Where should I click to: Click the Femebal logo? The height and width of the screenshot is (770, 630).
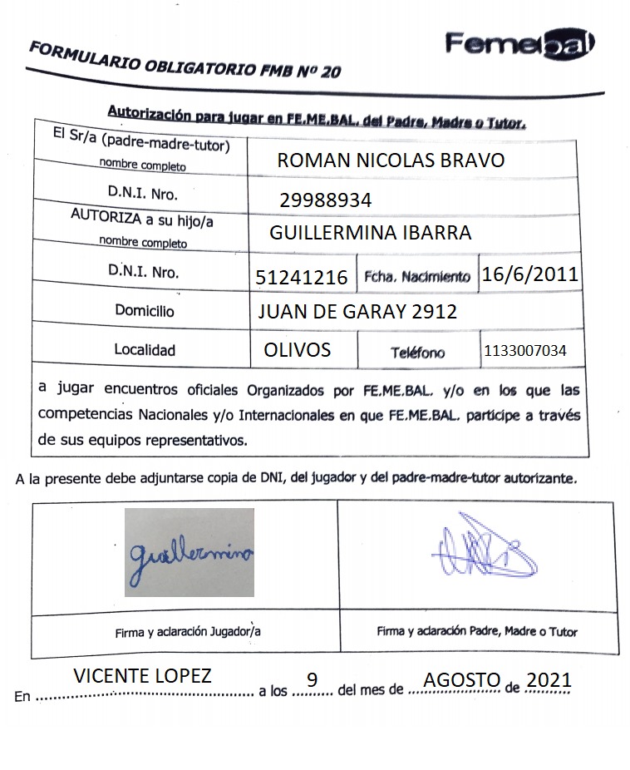tap(519, 44)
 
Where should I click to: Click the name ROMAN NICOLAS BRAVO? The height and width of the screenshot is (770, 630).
tap(391, 160)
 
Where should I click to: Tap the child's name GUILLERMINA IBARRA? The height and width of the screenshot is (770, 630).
tap(371, 233)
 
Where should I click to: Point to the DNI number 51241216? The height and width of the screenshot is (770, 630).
tap(303, 277)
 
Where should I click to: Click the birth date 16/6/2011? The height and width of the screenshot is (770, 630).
tap(530, 275)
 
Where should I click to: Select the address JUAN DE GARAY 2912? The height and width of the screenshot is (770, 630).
tap(358, 311)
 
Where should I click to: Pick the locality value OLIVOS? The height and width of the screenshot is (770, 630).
tap(297, 350)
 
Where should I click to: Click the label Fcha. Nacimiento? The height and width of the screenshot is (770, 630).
tap(417, 278)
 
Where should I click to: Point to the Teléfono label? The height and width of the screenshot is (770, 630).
tap(417, 353)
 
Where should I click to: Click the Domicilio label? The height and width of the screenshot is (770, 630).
tap(145, 311)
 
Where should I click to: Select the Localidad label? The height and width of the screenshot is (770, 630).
tap(145, 350)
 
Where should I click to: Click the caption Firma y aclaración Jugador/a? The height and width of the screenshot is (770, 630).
tap(188, 631)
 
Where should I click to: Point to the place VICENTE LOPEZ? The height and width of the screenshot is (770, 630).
tap(143, 676)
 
